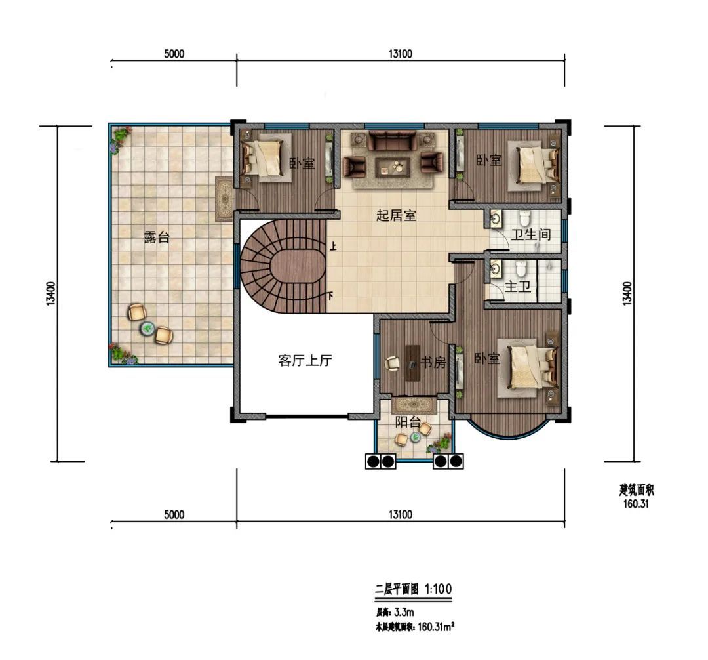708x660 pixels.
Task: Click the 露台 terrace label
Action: coord(157,237)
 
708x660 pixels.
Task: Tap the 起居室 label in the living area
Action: coord(396,215)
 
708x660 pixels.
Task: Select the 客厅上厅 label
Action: coord(305,360)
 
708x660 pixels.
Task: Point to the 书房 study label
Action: coord(433,362)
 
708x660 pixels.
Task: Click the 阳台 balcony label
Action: coord(408,422)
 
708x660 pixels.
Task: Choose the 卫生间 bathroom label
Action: coord(531,234)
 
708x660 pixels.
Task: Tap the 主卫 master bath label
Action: coord(517,287)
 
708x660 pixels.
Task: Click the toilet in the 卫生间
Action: coord(524,218)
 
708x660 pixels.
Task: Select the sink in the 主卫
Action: coord(496,268)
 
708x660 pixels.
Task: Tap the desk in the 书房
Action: coord(412,363)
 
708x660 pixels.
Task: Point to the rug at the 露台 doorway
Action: coord(224,199)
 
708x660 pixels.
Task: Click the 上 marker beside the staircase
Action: coord(333,246)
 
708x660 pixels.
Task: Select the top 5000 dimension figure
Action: coord(174,54)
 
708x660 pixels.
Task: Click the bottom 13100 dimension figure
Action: coord(400,514)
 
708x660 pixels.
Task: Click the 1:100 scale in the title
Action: coord(438,589)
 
